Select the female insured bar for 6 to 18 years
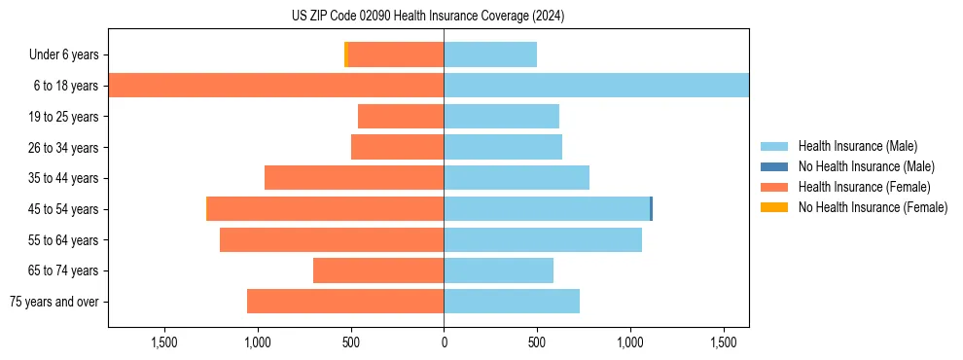(x=276, y=86)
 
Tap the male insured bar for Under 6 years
(x=490, y=55)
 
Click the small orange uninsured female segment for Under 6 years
(x=346, y=55)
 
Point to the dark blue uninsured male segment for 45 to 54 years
(x=651, y=209)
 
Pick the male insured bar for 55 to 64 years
(x=543, y=240)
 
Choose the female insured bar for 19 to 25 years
(x=401, y=117)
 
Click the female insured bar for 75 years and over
(x=345, y=302)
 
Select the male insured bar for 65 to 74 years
(x=498, y=270)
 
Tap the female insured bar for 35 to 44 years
(x=354, y=178)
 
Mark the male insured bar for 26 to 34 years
(x=503, y=148)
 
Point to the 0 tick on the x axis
(x=444, y=342)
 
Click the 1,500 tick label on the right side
(x=724, y=342)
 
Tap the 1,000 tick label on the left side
(x=257, y=342)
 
